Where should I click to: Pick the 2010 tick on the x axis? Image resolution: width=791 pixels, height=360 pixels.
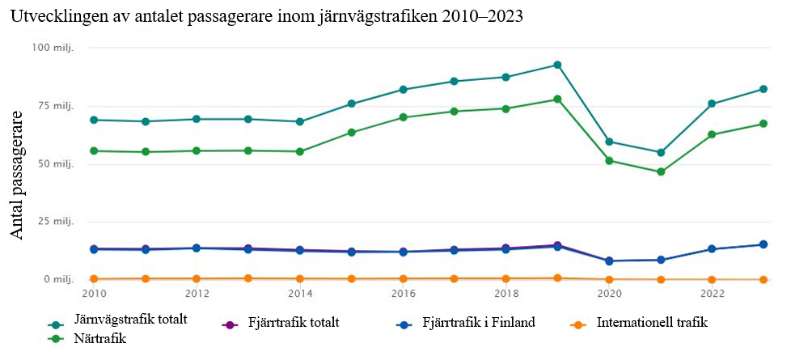94,293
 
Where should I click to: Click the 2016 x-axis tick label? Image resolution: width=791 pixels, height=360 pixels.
403,293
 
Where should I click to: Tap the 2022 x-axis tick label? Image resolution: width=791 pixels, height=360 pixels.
712,293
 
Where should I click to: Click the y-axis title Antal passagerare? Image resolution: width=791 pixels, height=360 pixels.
18,176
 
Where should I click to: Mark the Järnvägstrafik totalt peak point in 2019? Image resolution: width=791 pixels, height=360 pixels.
557,65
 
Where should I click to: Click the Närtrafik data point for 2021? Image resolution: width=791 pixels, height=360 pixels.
661,172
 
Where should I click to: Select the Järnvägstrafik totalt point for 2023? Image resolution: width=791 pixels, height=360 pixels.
764,89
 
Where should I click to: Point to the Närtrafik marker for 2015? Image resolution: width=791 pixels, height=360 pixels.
352,132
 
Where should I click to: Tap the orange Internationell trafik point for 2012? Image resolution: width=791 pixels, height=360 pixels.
197,278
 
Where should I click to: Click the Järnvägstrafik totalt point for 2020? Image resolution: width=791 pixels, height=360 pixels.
609,142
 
